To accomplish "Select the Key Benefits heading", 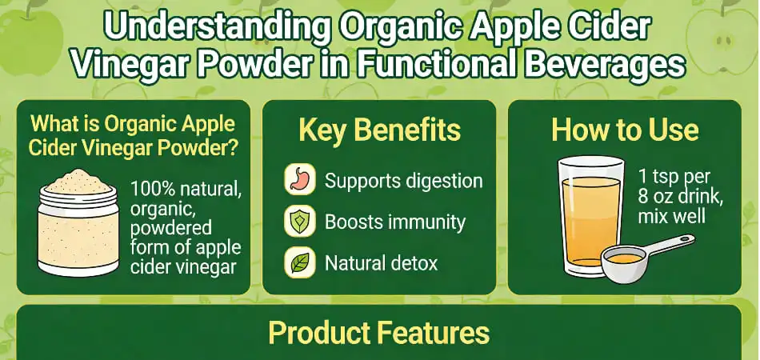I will [x=379, y=131].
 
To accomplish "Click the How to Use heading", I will [x=625, y=130].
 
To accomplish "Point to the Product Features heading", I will [x=378, y=333].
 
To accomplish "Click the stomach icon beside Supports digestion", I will [x=298, y=181].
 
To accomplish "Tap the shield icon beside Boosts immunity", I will [x=298, y=222].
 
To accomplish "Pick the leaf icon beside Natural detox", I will [x=298, y=262].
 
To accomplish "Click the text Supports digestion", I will [x=403, y=181].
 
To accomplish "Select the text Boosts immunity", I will [x=394, y=222].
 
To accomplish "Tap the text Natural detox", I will [x=381, y=262].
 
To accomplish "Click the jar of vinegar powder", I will [x=78, y=228].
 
